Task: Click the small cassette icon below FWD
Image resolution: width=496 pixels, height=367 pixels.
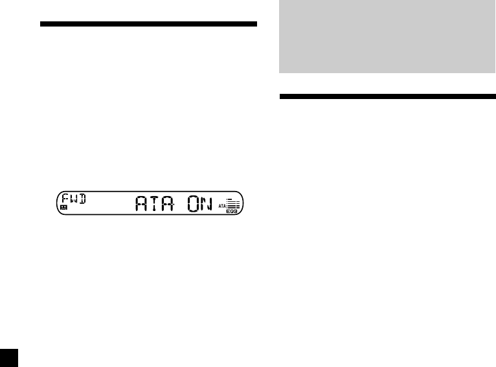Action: click(63, 209)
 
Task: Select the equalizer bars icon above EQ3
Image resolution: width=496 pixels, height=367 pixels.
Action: click(233, 203)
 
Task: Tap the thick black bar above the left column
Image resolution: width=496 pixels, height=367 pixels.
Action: click(148, 25)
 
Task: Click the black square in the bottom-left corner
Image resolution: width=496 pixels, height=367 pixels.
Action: click(9, 358)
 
